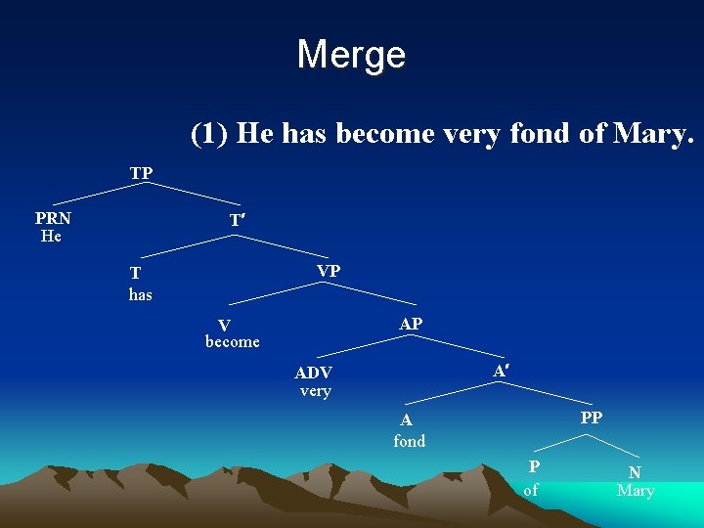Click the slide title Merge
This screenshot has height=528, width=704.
point(351,54)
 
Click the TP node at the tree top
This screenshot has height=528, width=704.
point(141,173)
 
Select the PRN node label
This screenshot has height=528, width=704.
point(53,219)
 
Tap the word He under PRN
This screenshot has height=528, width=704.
point(51,236)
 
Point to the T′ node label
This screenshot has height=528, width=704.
point(237,222)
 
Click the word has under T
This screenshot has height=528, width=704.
point(141,293)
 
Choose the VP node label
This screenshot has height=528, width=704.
point(329,270)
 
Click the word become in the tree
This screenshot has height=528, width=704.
point(233,341)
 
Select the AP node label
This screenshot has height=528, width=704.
point(411,324)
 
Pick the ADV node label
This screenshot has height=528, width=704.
point(314,373)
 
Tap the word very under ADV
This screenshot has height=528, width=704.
point(315,391)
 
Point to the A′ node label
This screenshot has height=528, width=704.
point(500,372)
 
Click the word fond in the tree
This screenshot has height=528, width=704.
point(409,441)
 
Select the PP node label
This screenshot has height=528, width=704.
point(592,418)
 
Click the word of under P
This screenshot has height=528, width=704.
point(531,489)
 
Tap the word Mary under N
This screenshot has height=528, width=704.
point(636,490)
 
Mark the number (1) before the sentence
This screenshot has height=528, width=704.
point(210,133)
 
